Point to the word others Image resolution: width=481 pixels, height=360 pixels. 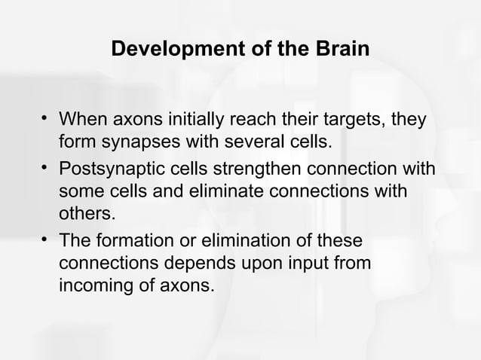click(87, 213)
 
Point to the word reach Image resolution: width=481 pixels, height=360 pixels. click(259, 121)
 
